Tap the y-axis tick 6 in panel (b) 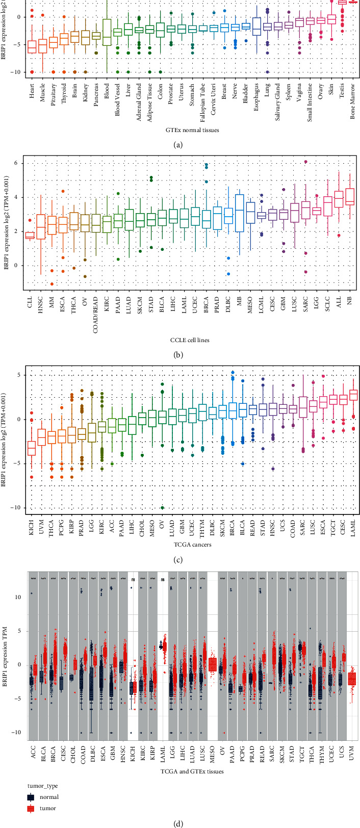point(17,163)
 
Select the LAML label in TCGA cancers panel point(351,527)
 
